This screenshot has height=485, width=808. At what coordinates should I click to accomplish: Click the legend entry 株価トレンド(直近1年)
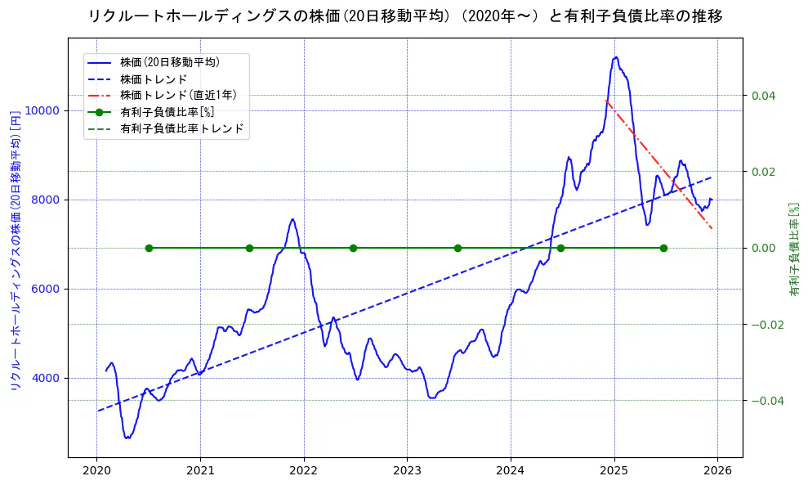coord(178,95)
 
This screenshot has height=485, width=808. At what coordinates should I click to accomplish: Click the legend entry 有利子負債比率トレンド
coord(181,128)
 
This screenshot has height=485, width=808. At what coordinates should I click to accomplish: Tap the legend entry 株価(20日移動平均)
coord(169,61)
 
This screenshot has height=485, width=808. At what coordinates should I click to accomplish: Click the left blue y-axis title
coord(15,249)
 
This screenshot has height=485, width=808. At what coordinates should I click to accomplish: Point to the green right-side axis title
coord(793,249)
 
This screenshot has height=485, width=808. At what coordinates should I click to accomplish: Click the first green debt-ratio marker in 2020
coord(149,248)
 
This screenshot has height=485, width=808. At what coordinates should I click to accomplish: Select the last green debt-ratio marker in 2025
coord(663,248)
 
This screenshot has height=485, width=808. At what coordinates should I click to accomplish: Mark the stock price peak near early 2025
coord(615,57)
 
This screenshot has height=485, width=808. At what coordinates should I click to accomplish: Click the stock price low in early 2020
coord(127,438)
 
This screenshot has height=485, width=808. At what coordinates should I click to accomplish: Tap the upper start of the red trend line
coord(606,101)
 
